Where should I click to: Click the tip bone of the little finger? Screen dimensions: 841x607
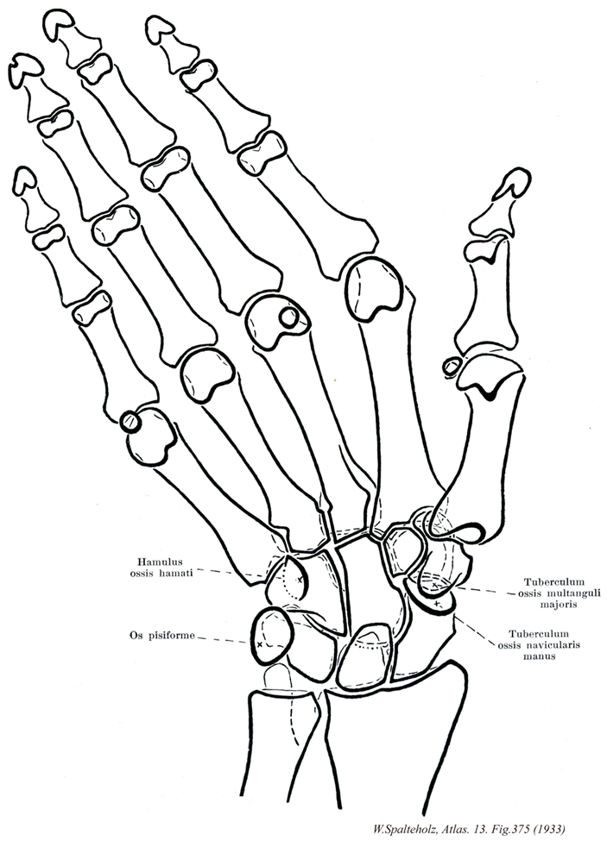(x=23, y=183)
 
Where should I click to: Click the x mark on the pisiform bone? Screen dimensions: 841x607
(x=260, y=644)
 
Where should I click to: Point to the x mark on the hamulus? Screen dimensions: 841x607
(x=299, y=580)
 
